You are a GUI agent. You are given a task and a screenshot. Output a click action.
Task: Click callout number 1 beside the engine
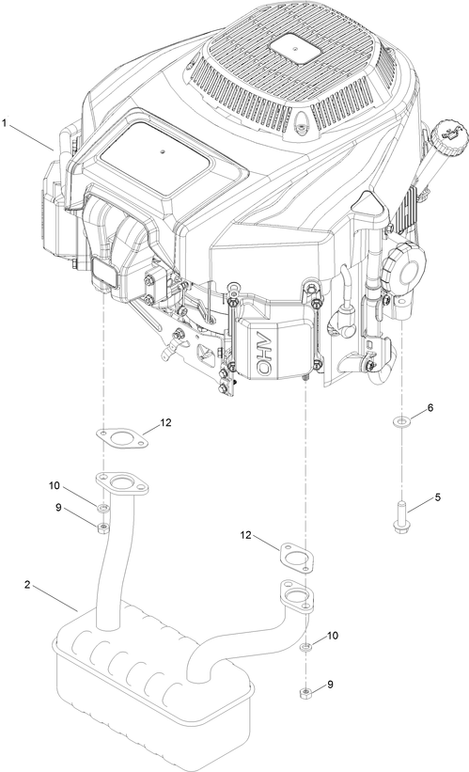click(5, 123)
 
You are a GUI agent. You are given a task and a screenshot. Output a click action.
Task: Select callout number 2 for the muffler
click(27, 585)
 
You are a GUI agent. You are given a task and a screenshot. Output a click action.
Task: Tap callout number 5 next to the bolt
click(437, 497)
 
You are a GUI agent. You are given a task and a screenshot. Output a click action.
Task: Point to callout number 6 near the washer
click(430, 408)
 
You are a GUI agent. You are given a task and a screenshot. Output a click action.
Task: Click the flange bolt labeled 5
click(400, 517)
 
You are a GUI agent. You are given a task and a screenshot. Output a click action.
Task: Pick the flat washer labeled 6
click(402, 421)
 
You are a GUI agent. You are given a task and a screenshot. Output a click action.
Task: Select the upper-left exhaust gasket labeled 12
click(121, 439)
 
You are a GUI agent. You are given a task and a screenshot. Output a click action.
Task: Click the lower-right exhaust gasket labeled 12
click(297, 558)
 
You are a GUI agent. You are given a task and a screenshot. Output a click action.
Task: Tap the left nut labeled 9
click(102, 528)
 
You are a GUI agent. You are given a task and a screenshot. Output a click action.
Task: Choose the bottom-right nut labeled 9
click(305, 694)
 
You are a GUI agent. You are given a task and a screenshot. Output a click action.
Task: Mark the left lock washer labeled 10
click(102, 508)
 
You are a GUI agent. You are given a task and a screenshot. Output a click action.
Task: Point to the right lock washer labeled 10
click(305, 646)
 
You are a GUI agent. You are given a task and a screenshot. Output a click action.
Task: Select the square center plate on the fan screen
click(294, 50)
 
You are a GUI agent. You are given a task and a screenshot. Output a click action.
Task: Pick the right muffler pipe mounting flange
click(297, 595)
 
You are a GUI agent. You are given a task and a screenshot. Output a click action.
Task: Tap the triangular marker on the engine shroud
click(368, 203)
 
